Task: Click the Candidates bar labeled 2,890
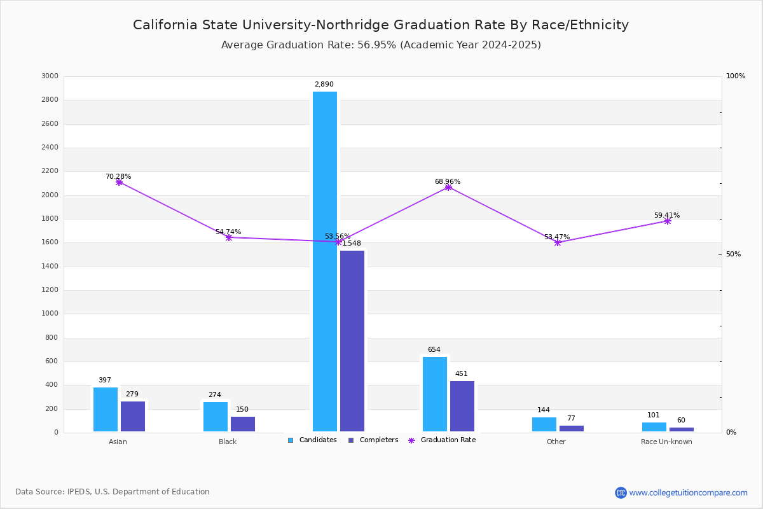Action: coord(325,261)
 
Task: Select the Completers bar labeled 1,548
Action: coord(352,341)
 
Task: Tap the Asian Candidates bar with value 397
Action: coord(106,409)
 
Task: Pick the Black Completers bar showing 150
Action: coord(243,424)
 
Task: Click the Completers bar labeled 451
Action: coord(462,406)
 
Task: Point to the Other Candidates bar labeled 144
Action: coord(544,424)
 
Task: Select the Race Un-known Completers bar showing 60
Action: coord(682,429)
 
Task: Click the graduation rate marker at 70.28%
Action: coord(119,182)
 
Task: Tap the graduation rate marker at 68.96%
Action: coord(448,187)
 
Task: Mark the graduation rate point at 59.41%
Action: coord(668,221)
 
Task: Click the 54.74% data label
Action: coord(228,232)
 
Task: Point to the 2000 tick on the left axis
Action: coord(50,195)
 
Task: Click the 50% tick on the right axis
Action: coord(733,254)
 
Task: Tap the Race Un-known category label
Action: coord(666,442)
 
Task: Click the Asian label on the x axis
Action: coord(118,442)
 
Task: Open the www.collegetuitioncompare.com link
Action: coord(688,492)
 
